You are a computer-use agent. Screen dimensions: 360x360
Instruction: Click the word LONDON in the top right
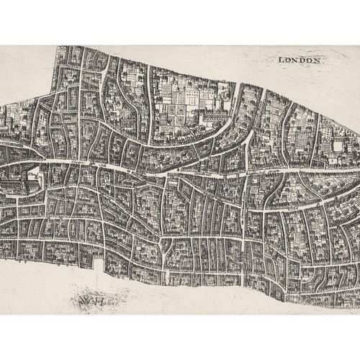(x=299, y=60)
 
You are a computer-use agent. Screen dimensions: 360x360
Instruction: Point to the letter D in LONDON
(x=302, y=60)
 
